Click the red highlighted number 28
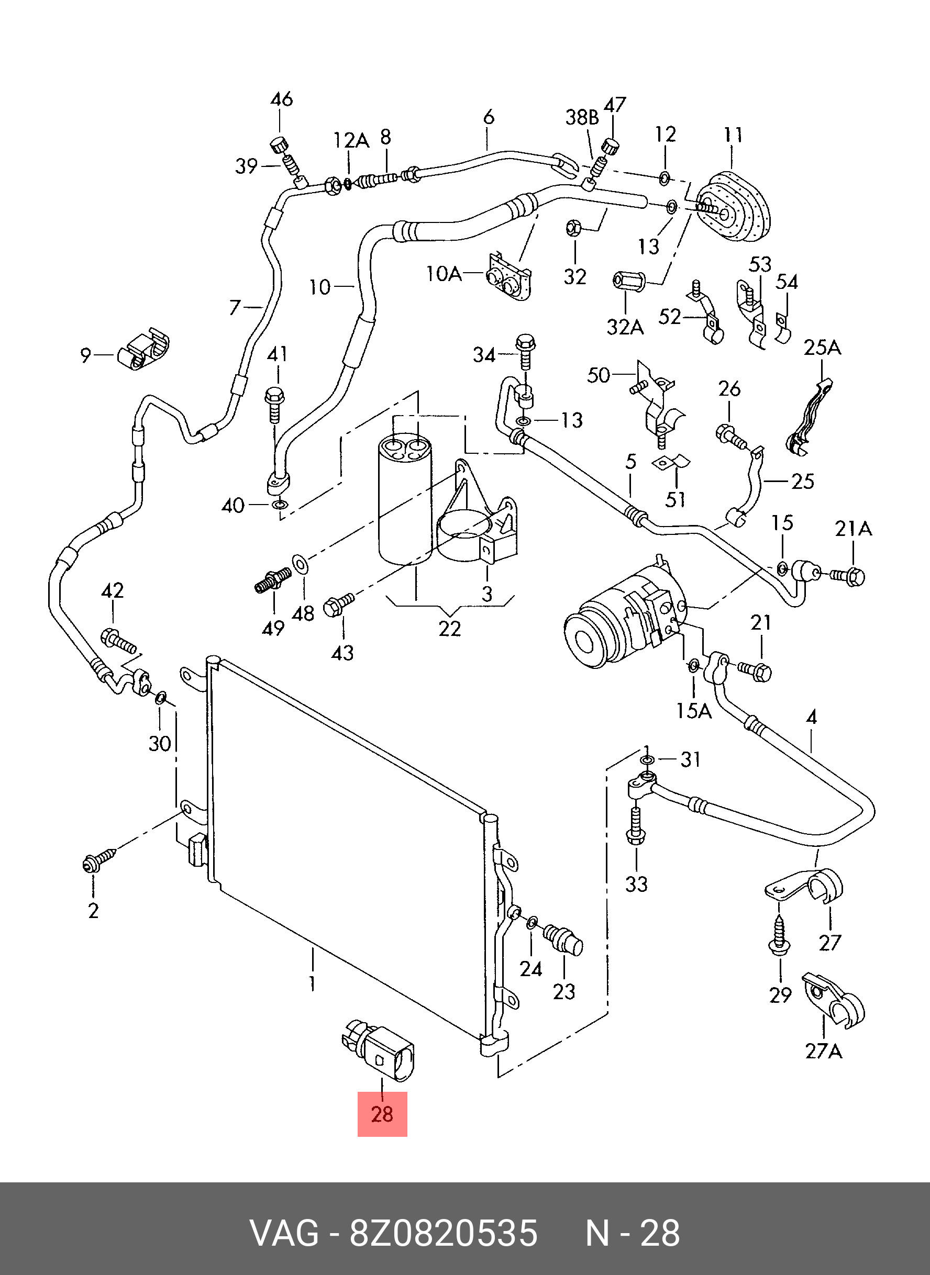point(382,1114)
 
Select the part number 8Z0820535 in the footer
point(443,1233)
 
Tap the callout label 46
point(282,99)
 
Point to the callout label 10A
point(445,274)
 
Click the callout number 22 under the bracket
point(450,629)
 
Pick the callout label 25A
point(822,348)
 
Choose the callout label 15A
point(694,711)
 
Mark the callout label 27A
point(824,1050)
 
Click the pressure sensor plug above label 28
point(383,1052)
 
